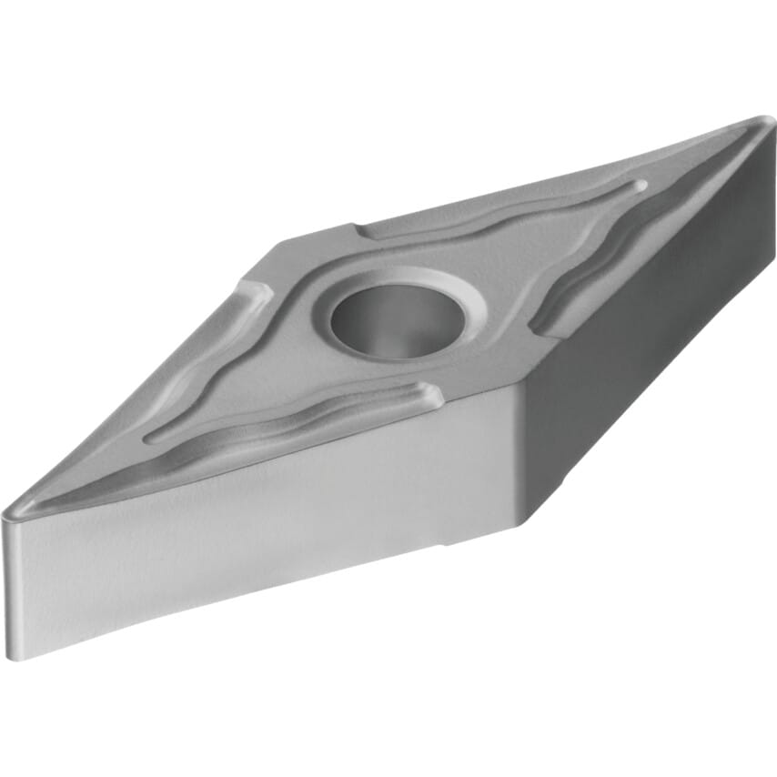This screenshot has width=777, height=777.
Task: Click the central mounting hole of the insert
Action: [x=399, y=320]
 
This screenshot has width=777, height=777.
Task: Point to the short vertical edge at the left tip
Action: [x=7, y=582]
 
